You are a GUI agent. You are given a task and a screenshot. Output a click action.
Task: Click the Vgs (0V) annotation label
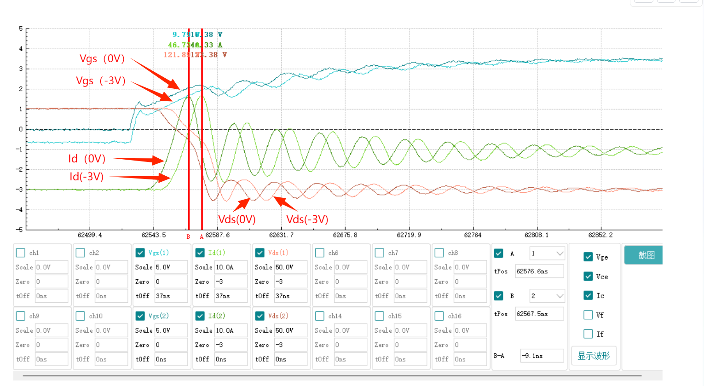pyautogui.click(x=102, y=59)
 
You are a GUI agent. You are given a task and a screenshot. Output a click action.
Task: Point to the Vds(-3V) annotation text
pyautogui.click(x=307, y=219)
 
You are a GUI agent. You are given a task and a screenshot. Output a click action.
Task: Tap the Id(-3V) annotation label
pyautogui.click(x=87, y=177)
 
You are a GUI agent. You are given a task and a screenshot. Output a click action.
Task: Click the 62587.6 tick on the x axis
pyautogui.click(x=217, y=235)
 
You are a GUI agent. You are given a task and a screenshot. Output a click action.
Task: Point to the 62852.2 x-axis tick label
pyautogui.click(x=600, y=235)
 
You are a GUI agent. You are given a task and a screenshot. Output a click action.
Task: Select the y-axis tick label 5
pyautogui.click(x=21, y=29)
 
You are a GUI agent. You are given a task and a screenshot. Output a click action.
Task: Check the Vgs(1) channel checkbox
pyautogui.click(x=140, y=253)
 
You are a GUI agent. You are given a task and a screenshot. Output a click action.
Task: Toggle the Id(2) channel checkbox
pyautogui.click(x=200, y=316)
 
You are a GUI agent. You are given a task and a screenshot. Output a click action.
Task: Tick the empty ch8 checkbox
pyautogui.click(x=439, y=253)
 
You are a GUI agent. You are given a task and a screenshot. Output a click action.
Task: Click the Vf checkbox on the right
pyautogui.click(x=588, y=315)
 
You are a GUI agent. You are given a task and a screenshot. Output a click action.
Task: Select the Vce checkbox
pyautogui.click(x=588, y=277)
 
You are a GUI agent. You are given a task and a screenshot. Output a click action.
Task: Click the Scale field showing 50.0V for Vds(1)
pyautogui.click(x=290, y=267)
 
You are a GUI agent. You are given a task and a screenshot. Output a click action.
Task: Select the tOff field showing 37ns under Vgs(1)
pyautogui.click(x=171, y=296)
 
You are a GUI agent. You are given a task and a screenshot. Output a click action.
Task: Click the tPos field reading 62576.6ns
pyautogui.click(x=539, y=271)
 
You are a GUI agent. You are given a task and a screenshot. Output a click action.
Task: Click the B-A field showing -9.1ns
pyautogui.click(x=542, y=356)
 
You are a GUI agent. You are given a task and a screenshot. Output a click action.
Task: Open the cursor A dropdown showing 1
pyautogui.click(x=547, y=253)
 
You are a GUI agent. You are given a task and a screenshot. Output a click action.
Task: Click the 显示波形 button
pyautogui.click(x=594, y=356)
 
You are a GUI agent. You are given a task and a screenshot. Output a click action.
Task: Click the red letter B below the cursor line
pyautogui.click(x=188, y=237)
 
